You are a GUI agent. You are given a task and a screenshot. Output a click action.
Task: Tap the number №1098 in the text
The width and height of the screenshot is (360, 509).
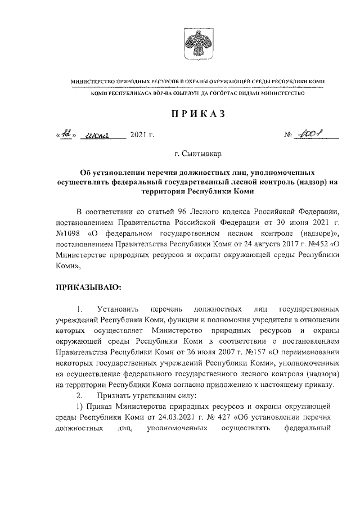70,233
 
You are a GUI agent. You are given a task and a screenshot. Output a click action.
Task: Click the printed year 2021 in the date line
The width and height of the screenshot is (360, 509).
138,136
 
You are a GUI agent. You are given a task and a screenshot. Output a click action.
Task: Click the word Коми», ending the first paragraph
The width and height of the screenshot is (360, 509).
69,264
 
